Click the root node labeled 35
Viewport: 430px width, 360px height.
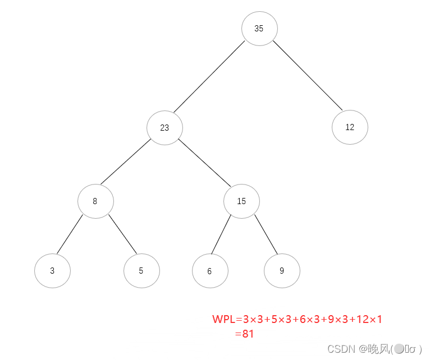tap(259, 28)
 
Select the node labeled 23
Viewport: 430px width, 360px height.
tap(165, 127)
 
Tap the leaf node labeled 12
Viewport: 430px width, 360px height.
tap(350, 127)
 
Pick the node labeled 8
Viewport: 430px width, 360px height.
tap(95, 201)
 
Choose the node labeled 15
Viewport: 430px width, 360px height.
tap(241, 201)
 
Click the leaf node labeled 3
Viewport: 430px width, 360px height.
tap(52, 270)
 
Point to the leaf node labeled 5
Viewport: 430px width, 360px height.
tap(141, 270)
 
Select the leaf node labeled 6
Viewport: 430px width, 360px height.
tap(210, 271)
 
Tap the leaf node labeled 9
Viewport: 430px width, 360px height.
tap(282, 270)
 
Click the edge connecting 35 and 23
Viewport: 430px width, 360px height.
tap(209, 77)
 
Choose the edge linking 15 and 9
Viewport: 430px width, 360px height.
tap(266, 234)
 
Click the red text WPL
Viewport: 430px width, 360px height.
tap(223, 320)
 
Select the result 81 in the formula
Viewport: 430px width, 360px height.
tap(248, 334)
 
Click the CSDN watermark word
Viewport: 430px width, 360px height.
tap(338, 349)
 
